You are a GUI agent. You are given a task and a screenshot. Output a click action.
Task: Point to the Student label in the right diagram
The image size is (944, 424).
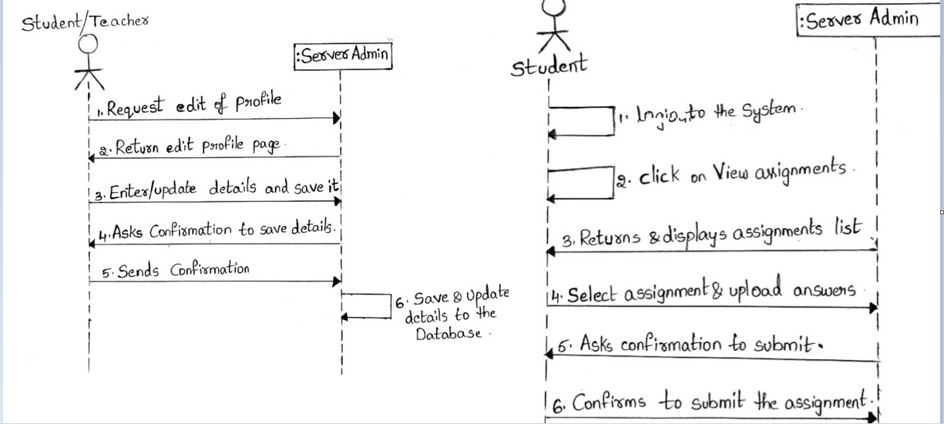(x=549, y=66)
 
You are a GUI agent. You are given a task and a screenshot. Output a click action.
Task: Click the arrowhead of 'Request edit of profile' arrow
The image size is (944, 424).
(x=337, y=118)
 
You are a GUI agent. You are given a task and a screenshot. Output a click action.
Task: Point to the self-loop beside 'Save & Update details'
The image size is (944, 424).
(x=367, y=306)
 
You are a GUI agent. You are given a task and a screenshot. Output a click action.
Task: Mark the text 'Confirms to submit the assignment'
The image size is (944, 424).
(x=721, y=402)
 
